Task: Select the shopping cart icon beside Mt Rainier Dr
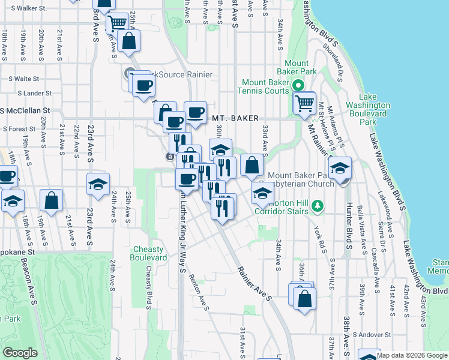[304, 103]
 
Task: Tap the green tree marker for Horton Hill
[319, 207]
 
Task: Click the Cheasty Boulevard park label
[148, 253]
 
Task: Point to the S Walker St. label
[24, 8]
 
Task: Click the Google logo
[20, 353]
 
